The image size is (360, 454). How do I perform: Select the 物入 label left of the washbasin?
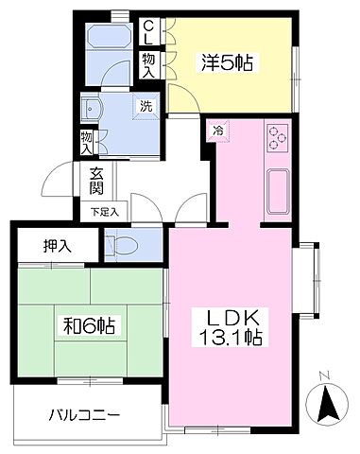coord(87,142)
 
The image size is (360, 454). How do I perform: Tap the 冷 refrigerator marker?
coord(217,131)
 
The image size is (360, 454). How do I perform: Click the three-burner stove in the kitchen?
coord(278,138)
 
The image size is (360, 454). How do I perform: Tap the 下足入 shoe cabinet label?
coord(103,212)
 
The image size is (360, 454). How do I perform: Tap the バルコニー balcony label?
coord(86,415)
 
